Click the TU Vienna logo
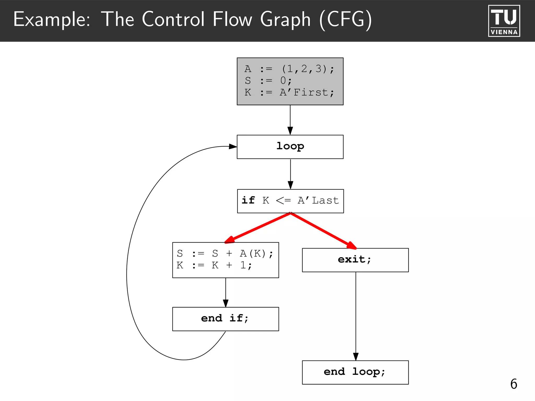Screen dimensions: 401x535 pyautogui.click(x=504, y=21)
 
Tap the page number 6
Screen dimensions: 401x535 pyautogui.click(x=514, y=384)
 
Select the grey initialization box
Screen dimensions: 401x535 pyautogui.click(x=290, y=81)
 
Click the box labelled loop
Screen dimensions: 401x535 pyautogui.click(x=290, y=147)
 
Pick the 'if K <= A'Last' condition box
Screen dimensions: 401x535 pyautogui.click(x=290, y=201)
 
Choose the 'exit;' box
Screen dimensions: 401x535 pyautogui.click(x=355, y=260)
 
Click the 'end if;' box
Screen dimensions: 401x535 pyautogui.click(x=225, y=319)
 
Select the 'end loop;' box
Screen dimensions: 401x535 pyautogui.click(x=355, y=372)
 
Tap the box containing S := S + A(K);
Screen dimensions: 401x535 pyautogui.click(x=225, y=260)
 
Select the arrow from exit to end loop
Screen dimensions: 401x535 pyautogui.click(x=356, y=316)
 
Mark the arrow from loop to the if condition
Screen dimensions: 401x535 pyautogui.click(x=290, y=174)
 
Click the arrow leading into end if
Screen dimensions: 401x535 pyautogui.click(x=226, y=292)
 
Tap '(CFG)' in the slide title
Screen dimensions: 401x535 pyautogui.click(x=345, y=20)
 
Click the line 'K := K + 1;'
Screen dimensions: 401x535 pyautogui.click(x=214, y=266)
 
